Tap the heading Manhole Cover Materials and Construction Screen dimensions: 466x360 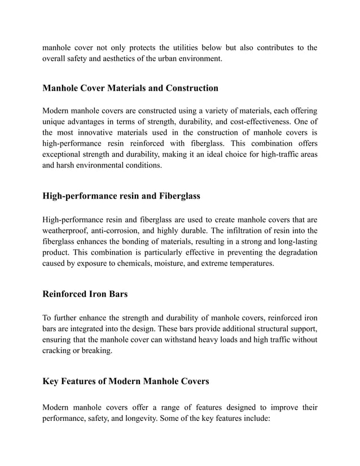coord(130,88)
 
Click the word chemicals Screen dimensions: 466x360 coord(139,263)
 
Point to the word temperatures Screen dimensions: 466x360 coord(251,263)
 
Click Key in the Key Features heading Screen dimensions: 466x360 coord(51,381)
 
